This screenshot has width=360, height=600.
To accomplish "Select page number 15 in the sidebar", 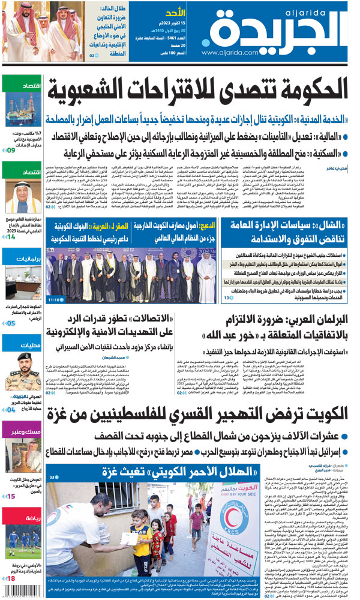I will tap(11, 496).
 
